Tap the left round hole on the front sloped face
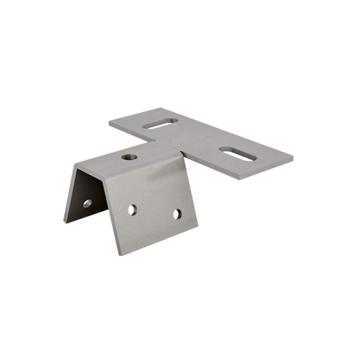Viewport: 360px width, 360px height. pyautogui.click(x=132, y=210)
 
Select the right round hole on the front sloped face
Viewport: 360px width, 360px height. pyautogui.click(x=177, y=214)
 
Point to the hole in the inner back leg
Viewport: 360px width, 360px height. pyautogui.click(x=87, y=203)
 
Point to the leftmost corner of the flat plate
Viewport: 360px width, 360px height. pyautogui.click(x=109, y=122)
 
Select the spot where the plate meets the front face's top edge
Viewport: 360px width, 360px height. pyautogui.click(x=182, y=153)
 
